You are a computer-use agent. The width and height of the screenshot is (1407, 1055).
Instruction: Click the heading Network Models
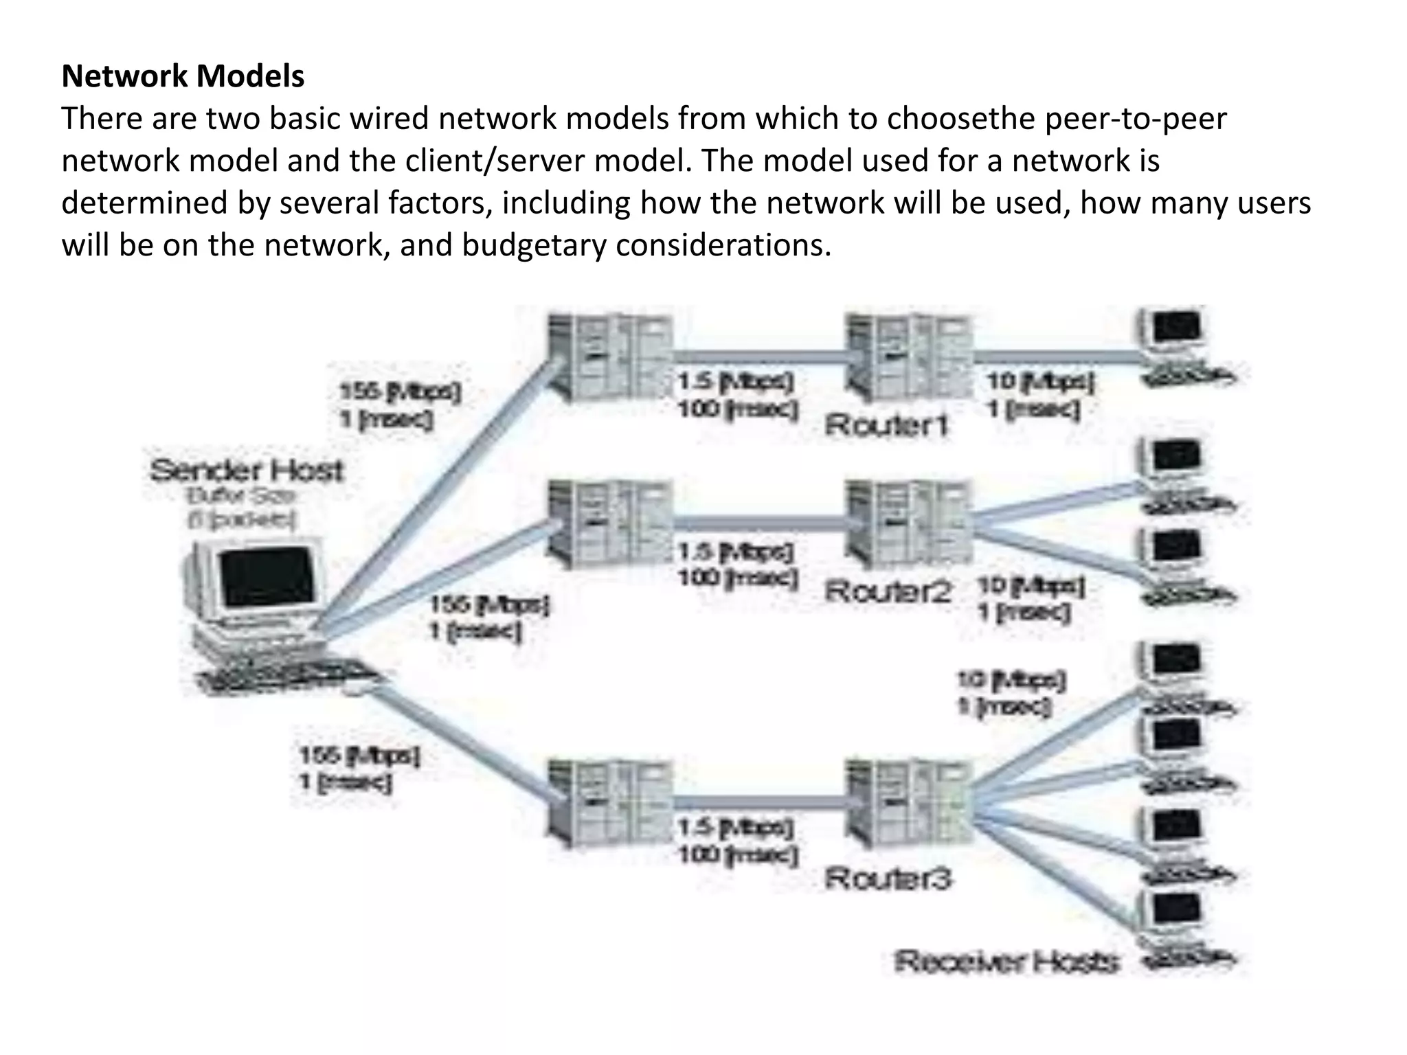pyautogui.click(x=183, y=76)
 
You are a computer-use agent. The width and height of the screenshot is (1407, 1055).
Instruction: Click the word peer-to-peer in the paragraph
pyautogui.click(x=1134, y=119)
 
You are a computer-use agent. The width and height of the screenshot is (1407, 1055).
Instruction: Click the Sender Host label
pyautogui.click(x=247, y=470)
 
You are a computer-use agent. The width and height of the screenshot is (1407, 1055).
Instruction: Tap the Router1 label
pyautogui.click(x=886, y=425)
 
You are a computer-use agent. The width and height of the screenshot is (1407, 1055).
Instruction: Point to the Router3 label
pyautogui.click(x=888, y=878)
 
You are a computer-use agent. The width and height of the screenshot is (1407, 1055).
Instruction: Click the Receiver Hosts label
pyautogui.click(x=1006, y=962)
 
